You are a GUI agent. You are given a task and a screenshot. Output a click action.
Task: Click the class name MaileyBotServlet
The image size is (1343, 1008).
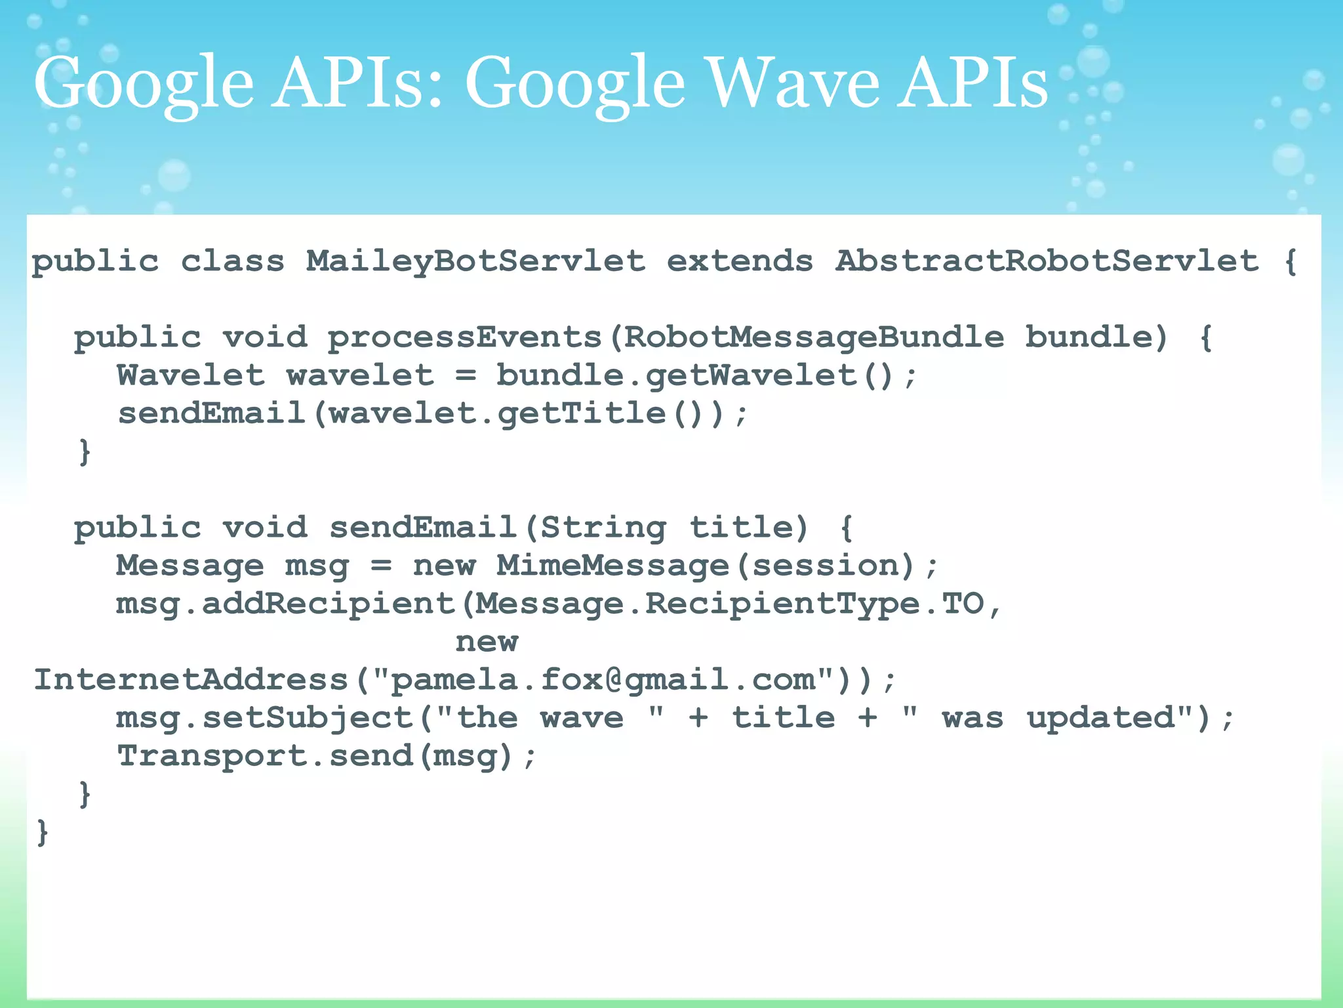click(475, 261)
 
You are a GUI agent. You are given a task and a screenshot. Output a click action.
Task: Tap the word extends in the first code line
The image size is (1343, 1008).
click(740, 261)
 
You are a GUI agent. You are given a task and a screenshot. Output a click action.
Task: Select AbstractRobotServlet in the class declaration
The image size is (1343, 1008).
click(1047, 261)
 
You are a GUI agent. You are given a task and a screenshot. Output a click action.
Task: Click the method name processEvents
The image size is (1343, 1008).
click(464, 338)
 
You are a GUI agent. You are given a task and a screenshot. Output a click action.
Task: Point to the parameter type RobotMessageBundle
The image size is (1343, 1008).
click(813, 338)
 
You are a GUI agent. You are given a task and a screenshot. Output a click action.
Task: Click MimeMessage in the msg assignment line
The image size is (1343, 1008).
click(612, 566)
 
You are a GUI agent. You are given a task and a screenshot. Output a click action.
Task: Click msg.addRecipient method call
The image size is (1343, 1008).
click(285, 604)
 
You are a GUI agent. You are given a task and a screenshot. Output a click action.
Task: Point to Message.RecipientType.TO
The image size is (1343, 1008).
click(729, 604)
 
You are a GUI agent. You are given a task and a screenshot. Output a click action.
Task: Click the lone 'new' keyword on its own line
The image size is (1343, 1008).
click(487, 642)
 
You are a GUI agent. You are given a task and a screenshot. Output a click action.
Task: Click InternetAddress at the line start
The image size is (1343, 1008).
click(190, 680)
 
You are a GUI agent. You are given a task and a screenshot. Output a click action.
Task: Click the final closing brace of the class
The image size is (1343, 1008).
click(43, 832)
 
